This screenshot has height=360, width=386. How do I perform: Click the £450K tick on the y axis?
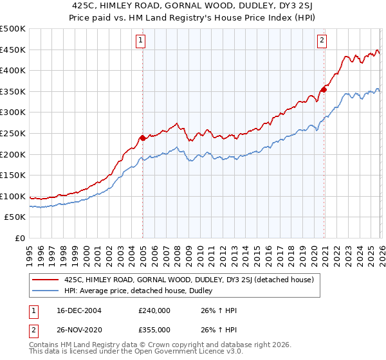[x=13, y=50]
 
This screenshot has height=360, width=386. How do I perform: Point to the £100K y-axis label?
[x=13, y=197]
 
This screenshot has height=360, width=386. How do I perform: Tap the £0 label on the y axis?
[x=19, y=239]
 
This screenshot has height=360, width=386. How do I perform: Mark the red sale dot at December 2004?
[x=142, y=138]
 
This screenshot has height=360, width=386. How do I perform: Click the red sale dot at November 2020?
[x=323, y=89]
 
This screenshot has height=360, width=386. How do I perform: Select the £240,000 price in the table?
[x=154, y=310]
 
